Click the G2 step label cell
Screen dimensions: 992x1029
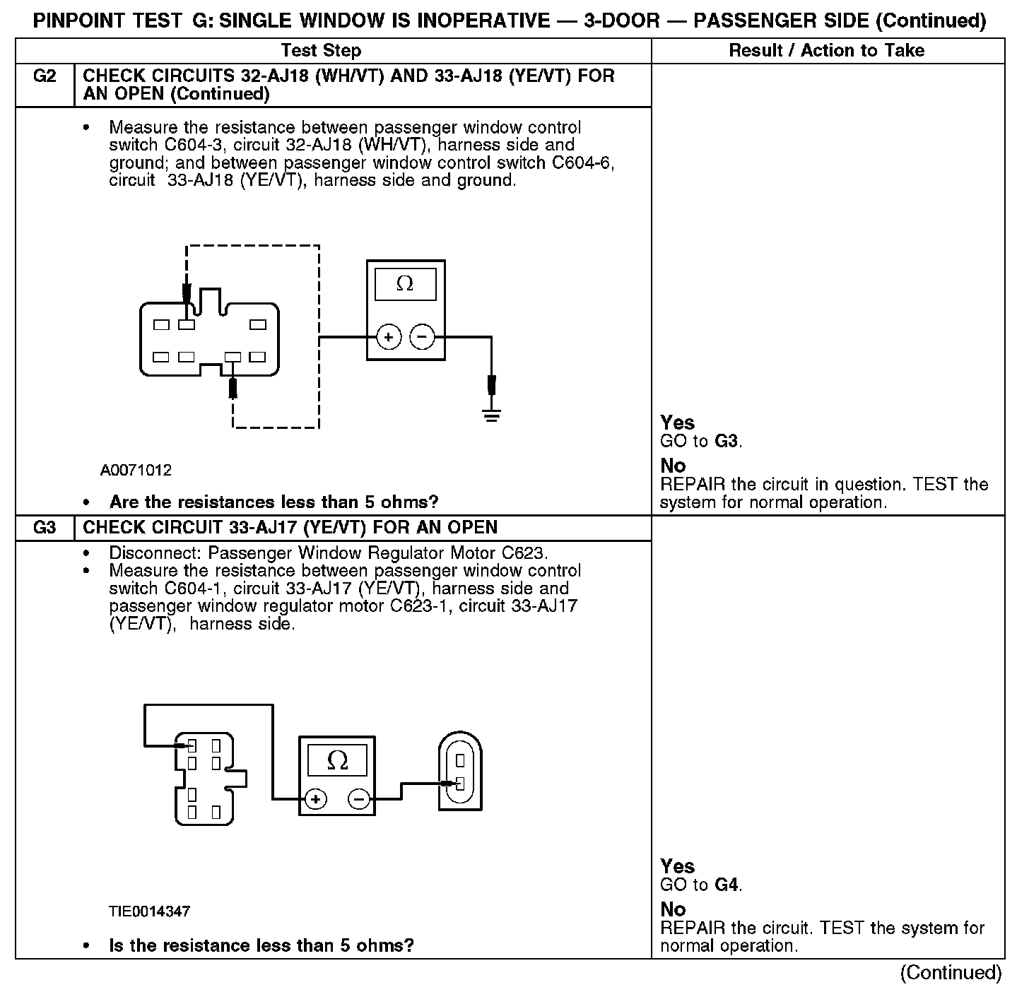click(45, 76)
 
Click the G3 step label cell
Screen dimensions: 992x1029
click(45, 528)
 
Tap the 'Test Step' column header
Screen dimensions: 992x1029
click(321, 50)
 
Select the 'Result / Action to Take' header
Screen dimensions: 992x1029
click(826, 50)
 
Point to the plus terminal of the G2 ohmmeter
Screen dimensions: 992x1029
click(388, 338)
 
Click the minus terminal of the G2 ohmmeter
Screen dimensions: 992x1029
click(422, 338)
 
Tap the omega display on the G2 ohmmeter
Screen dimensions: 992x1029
click(405, 284)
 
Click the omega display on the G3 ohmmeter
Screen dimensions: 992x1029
click(338, 760)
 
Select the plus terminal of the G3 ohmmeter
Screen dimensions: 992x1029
click(316, 799)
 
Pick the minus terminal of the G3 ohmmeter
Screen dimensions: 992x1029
click(360, 799)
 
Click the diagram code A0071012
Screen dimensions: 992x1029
click(136, 470)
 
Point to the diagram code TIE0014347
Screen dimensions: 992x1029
click(149, 911)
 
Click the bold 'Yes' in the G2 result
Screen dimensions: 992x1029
click(677, 423)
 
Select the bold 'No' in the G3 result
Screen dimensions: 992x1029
click(673, 909)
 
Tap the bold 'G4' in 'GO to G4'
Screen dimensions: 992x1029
click(726, 885)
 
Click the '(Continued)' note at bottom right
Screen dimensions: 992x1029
click(951, 973)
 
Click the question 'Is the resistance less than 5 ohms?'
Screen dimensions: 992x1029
click(261, 945)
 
